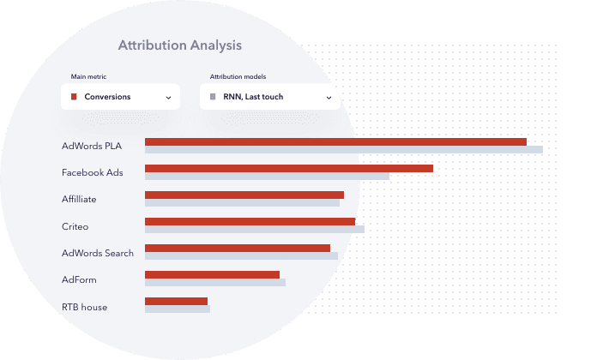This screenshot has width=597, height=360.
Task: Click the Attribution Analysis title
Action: click(179, 45)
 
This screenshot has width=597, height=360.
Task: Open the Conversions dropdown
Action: click(120, 97)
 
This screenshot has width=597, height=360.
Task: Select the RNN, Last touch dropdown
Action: click(266, 97)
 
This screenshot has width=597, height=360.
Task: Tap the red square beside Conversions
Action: click(74, 97)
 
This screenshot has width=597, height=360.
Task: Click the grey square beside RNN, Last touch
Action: click(213, 97)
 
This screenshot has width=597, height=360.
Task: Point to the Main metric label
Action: click(87, 77)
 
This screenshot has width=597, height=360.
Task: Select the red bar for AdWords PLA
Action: click(335, 142)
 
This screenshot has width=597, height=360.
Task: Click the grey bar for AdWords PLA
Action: click(343, 150)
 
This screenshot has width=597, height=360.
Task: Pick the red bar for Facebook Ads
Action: click(288, 169)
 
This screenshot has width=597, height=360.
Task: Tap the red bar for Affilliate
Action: click(244, 195)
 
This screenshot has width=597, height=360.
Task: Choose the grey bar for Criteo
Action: click(254, 230)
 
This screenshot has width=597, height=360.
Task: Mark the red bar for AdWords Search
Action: click(237, 249)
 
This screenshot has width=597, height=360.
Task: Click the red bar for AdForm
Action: click(212, 275)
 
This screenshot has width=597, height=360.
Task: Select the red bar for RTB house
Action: click(176, 302)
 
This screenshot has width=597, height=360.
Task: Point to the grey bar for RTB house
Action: click(177, 309)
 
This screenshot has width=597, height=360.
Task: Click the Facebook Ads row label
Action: click(92, 172)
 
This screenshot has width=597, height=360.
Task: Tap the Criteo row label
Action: click(75, 226)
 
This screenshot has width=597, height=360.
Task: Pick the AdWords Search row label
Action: click(97, 253)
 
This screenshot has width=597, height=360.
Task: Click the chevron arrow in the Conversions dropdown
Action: click(168, 98)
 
